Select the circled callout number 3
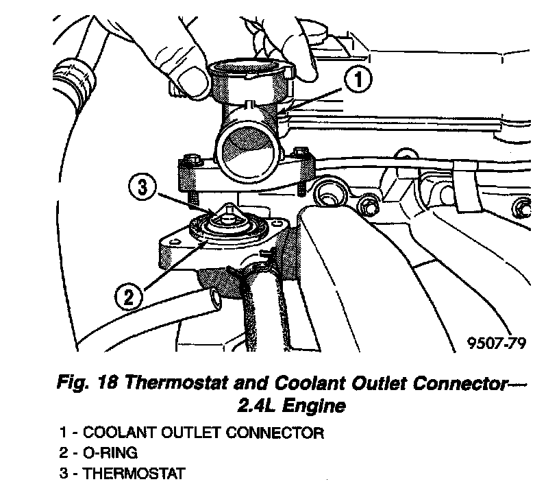140,186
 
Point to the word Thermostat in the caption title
172,382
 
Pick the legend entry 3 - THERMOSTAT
122,473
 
